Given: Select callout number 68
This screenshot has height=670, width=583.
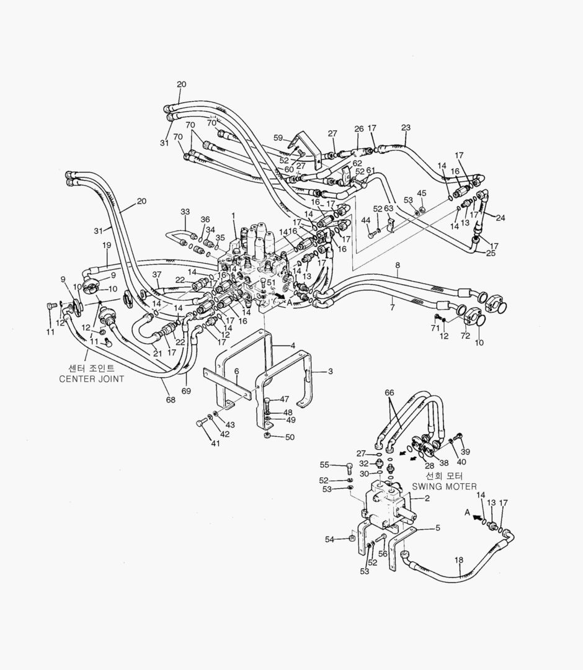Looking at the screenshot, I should pos(171,400).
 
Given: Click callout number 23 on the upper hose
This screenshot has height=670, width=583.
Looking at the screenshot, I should pos(406,128).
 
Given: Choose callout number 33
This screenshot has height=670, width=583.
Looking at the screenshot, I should pos(185,212).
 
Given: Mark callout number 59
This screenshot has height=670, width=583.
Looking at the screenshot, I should pos(278,138).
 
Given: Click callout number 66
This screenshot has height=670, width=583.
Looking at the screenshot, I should pos(389,392).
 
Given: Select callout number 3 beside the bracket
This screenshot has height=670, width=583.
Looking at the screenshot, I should pos(331,371).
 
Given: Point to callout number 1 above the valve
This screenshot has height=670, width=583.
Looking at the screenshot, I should pos(233,215).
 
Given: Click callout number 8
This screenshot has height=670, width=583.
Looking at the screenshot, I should pos(396,266).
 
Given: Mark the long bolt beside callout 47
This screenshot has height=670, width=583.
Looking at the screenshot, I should pos(267,404).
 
